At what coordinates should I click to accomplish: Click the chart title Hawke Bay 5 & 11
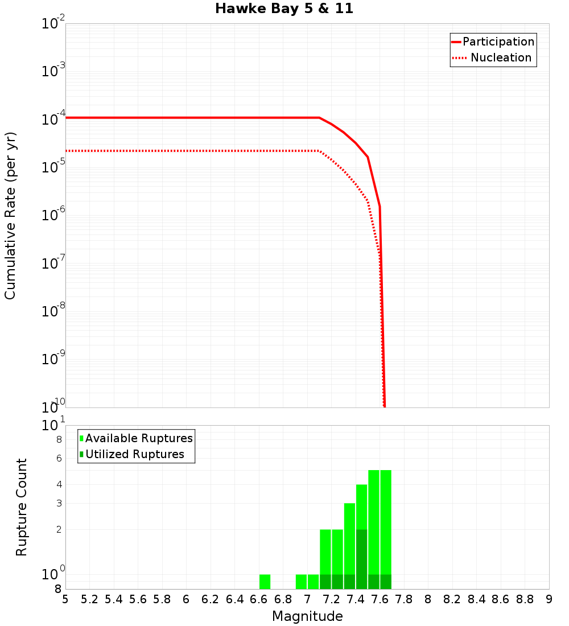click(x=284, y=9)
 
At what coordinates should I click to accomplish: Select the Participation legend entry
click(x=498, y=42)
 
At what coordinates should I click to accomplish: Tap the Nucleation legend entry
click(x=501, y=57)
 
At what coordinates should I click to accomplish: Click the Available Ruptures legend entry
click(x=139, y=438)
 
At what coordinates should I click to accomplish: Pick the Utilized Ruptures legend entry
click(x=134, y=454)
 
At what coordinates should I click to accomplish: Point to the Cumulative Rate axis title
click(x=10, y=216)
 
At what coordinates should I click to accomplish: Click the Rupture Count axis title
click(x=22, y=507)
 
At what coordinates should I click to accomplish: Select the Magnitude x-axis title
click(x=307, y=616)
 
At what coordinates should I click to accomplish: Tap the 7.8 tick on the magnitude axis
click(x=404, y=599)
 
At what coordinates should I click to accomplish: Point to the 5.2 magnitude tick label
click(x=90, y=599)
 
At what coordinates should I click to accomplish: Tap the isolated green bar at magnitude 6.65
click(x=265, y=582)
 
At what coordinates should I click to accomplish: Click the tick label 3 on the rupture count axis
click(x=59, y=503)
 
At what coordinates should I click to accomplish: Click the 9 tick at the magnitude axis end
click(x=549, y=599)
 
